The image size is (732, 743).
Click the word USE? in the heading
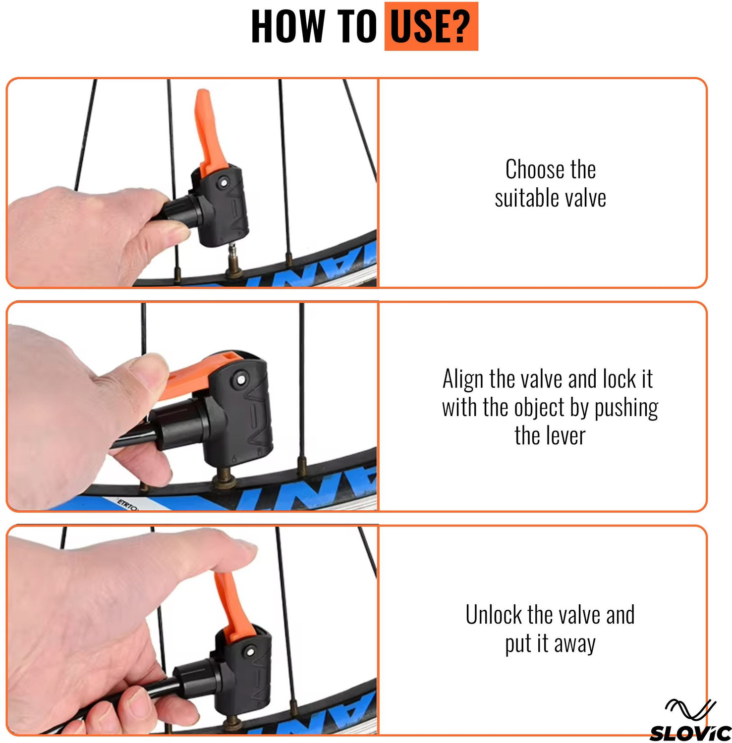[430, 26]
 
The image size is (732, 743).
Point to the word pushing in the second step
[626, 408]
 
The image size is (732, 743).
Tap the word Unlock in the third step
[494, 615]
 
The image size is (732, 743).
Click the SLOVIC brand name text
[690, 733]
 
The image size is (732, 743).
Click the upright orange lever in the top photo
[211, 131]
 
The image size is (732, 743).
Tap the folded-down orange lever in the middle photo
[198, 372]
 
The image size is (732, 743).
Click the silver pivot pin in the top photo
[224, 183]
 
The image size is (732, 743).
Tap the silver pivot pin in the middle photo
[241, 379]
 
